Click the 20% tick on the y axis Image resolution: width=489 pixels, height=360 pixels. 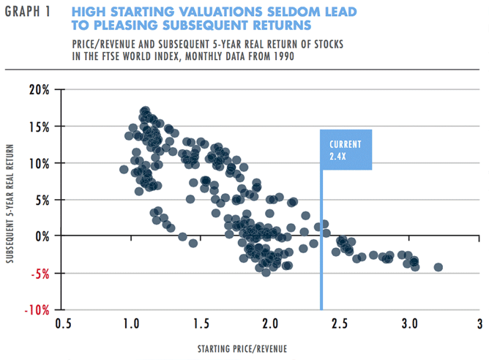(x=39, y=90)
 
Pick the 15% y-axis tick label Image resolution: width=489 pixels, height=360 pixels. (x=39, y=127)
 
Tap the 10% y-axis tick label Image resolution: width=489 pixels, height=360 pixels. (x=39, y=163)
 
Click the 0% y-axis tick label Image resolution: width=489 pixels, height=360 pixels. (x=42, y=236)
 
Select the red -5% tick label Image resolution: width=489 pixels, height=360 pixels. (x=40, y=273)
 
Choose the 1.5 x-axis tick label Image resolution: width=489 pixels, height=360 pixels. (x=201, y=323)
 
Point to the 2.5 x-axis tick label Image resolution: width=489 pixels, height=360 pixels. (x=340, y=323)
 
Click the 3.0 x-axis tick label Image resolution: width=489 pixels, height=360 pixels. (x=409, y=323)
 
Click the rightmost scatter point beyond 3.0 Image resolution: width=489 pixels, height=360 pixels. (x=438, y=267)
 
